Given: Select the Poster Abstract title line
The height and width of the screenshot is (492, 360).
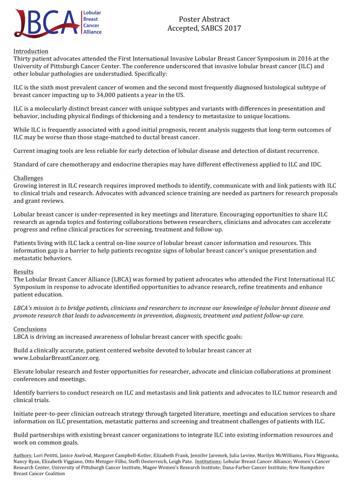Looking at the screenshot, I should coord(204,19).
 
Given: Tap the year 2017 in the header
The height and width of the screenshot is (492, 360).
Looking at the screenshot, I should coord(232,28).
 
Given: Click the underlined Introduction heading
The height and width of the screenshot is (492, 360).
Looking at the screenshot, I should coord(31,51).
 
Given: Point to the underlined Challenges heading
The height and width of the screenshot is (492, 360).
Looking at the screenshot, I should coord(28,178).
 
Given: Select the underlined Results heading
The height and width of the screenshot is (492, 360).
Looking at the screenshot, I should coord(23,272).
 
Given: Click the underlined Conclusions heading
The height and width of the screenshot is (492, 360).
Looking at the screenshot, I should coord(30,329).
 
